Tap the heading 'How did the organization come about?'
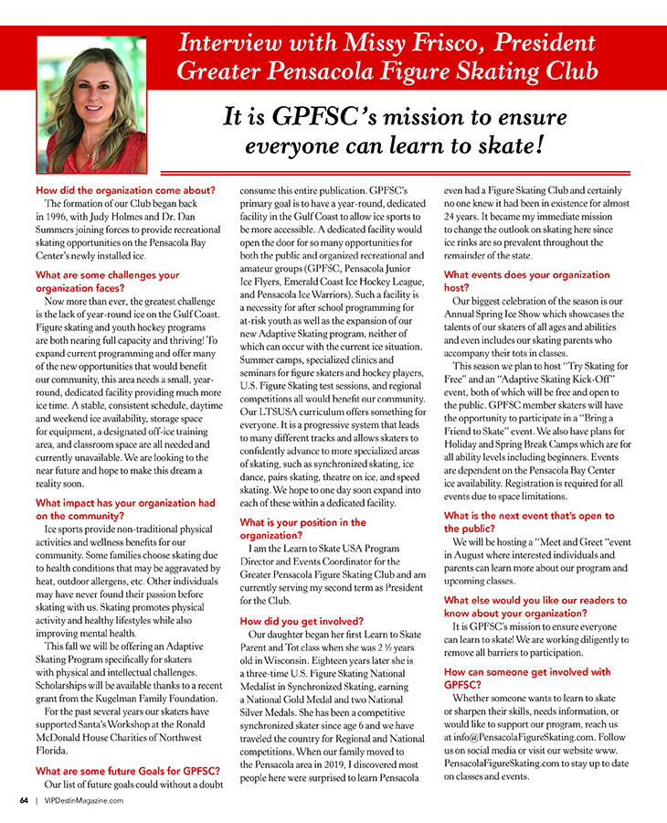pyautogui.click(x=124, y=190)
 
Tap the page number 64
pyautogui.click(x=24, y=800)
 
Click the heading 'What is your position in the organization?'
pyautogui.click(x=302, y=529)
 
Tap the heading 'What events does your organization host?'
pyautogui.click(x=526, y=281)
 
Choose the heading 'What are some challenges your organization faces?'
pyautogui.click(x=107, y=281)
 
